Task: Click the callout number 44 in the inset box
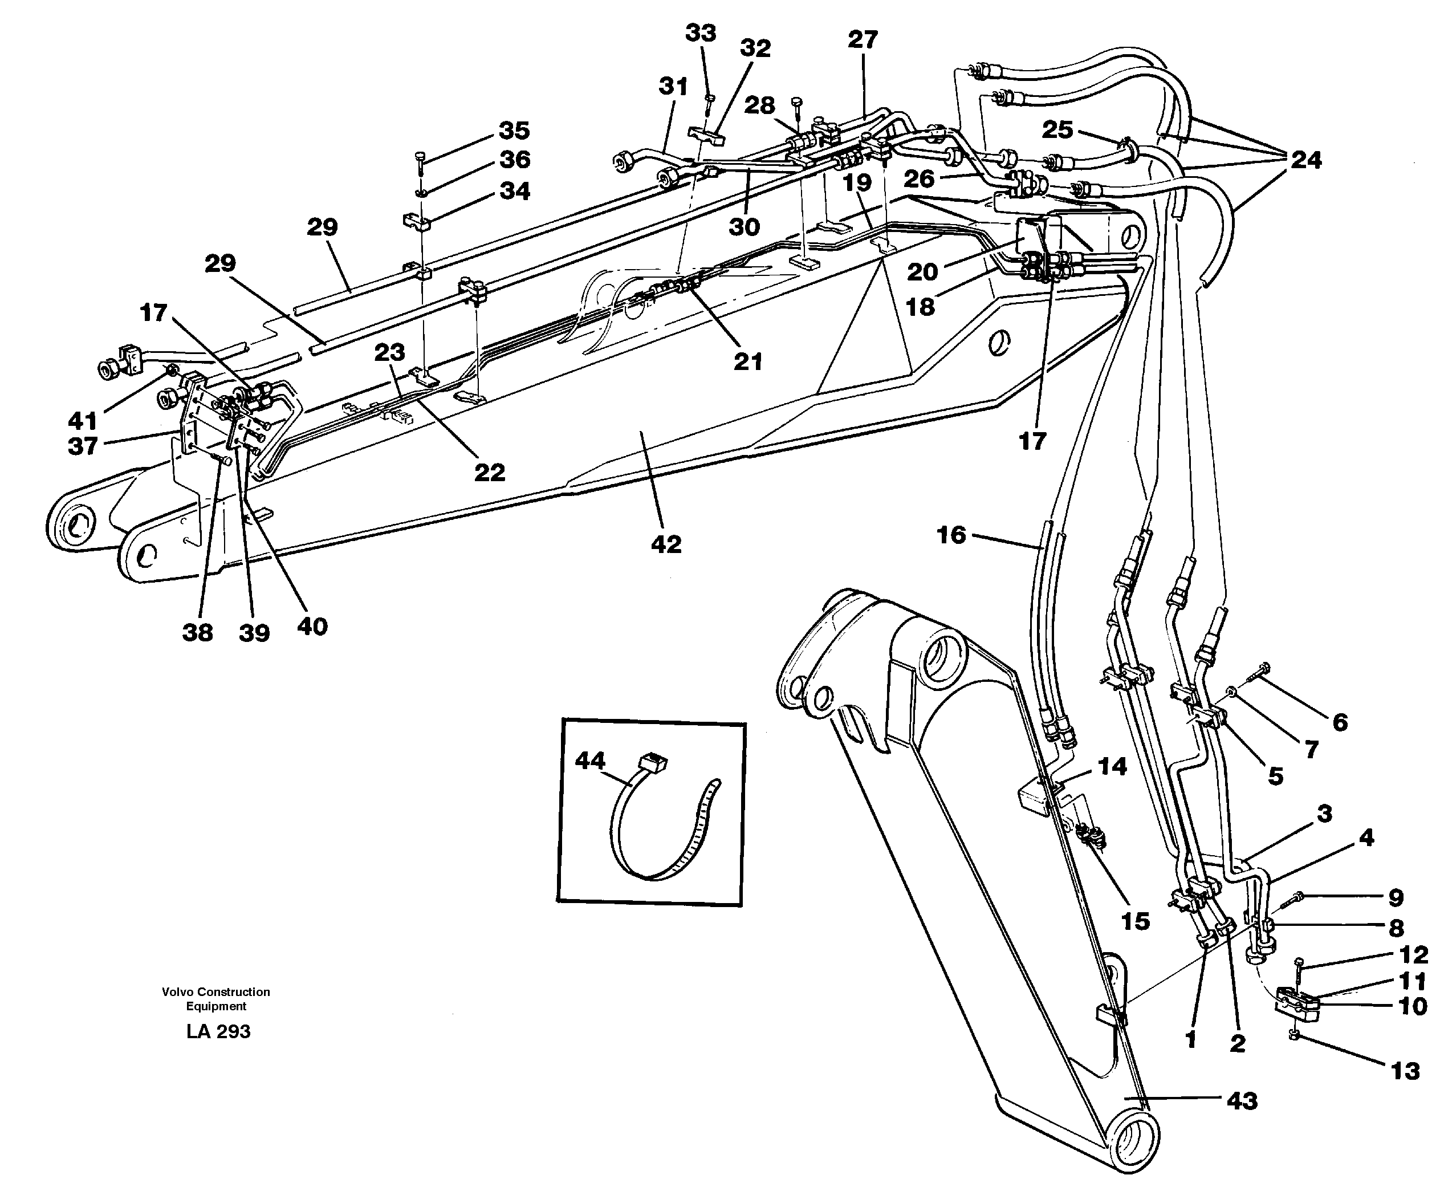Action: tap(589, 761)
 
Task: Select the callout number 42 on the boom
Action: tap(666, 544)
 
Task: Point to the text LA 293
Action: tap(218, 1032)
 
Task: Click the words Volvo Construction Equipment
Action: tap(215, 998)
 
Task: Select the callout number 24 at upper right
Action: tap(1305, 160)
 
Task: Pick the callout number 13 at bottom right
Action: tap(1405, 1071)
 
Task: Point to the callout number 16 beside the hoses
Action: tap(951, 535)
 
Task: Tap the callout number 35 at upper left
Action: tap(515, 130)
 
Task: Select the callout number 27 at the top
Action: tap(863, 39)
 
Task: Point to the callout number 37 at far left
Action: tap(83, 446)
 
